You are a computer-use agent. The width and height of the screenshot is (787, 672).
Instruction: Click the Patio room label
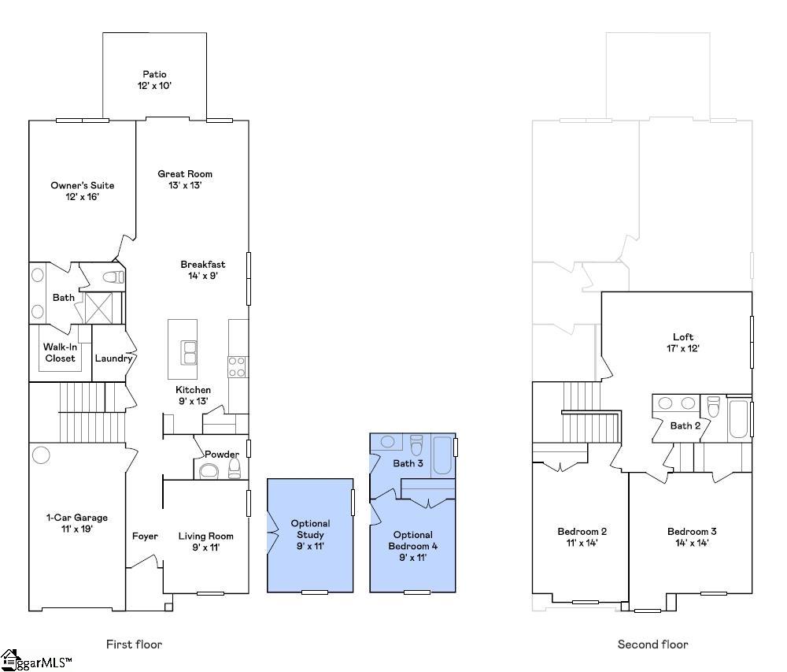154,74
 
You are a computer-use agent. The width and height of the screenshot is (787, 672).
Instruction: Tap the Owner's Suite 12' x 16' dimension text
83,197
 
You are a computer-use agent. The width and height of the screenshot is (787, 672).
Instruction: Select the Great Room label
185,174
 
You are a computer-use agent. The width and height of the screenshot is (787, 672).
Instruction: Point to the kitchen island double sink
189,352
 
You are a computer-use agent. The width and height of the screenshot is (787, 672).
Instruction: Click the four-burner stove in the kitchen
237,366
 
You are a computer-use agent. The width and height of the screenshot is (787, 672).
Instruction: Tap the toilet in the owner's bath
113,277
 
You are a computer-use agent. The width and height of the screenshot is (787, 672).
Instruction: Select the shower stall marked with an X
99,308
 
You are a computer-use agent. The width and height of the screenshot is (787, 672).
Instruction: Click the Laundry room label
113,358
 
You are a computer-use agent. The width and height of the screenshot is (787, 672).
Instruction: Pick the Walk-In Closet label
61,353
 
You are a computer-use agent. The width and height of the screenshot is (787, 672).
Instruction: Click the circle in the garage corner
41,455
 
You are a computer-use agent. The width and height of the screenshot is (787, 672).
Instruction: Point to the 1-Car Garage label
77,518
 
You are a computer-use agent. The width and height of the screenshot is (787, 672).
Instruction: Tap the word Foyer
145,536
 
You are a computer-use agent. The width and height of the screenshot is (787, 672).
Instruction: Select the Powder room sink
209,471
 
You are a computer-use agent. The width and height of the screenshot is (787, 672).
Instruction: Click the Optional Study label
311,529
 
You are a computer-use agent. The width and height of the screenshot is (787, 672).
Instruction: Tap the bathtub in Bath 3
442,455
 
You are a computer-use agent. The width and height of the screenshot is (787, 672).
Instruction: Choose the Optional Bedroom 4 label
413,540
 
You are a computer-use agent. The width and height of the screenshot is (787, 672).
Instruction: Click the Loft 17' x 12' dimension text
683,348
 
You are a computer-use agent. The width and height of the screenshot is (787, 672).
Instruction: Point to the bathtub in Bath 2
739,418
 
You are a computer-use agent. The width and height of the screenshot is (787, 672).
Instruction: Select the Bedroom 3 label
692,531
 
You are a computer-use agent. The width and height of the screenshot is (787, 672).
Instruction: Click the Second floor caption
653,644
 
